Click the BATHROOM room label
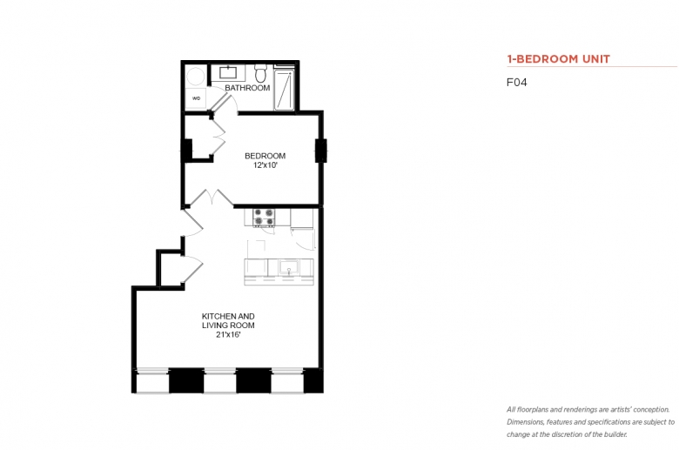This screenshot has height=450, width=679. pyautogui.click(x=247, y=88)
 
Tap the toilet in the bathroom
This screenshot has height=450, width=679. pyautogui.click(x=260, y=74)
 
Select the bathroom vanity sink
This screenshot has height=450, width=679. pyautogui.click(x=228, y=72)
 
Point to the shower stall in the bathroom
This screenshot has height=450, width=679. pyautogui.click(x=285, y=88)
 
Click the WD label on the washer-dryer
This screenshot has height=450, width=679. pyautogui.click(x=196, y=98)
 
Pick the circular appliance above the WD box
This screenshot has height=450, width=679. pyautogui.click(x=195, y=77)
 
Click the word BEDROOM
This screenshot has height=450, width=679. pyautogui.click(x=265, y=156)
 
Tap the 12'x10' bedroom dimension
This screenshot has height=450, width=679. pyautogui.click(x=265, y=165)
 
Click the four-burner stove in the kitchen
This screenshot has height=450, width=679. pyautogui.click(x=264, y=218)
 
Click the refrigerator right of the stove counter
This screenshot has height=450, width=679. pyautogui.click(x=302, y=218)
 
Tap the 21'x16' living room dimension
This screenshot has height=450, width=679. pyautogui.click(x=228, y=335)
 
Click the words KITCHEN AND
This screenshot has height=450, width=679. pyautogui.click(x=228, y=316)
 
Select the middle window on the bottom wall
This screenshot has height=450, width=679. pyautogui.click(x=220, y=380)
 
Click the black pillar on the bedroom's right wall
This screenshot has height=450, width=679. pyautogui.click(x=321, y=151)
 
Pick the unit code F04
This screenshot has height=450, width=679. pyautogui.click(x=517, y=83)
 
